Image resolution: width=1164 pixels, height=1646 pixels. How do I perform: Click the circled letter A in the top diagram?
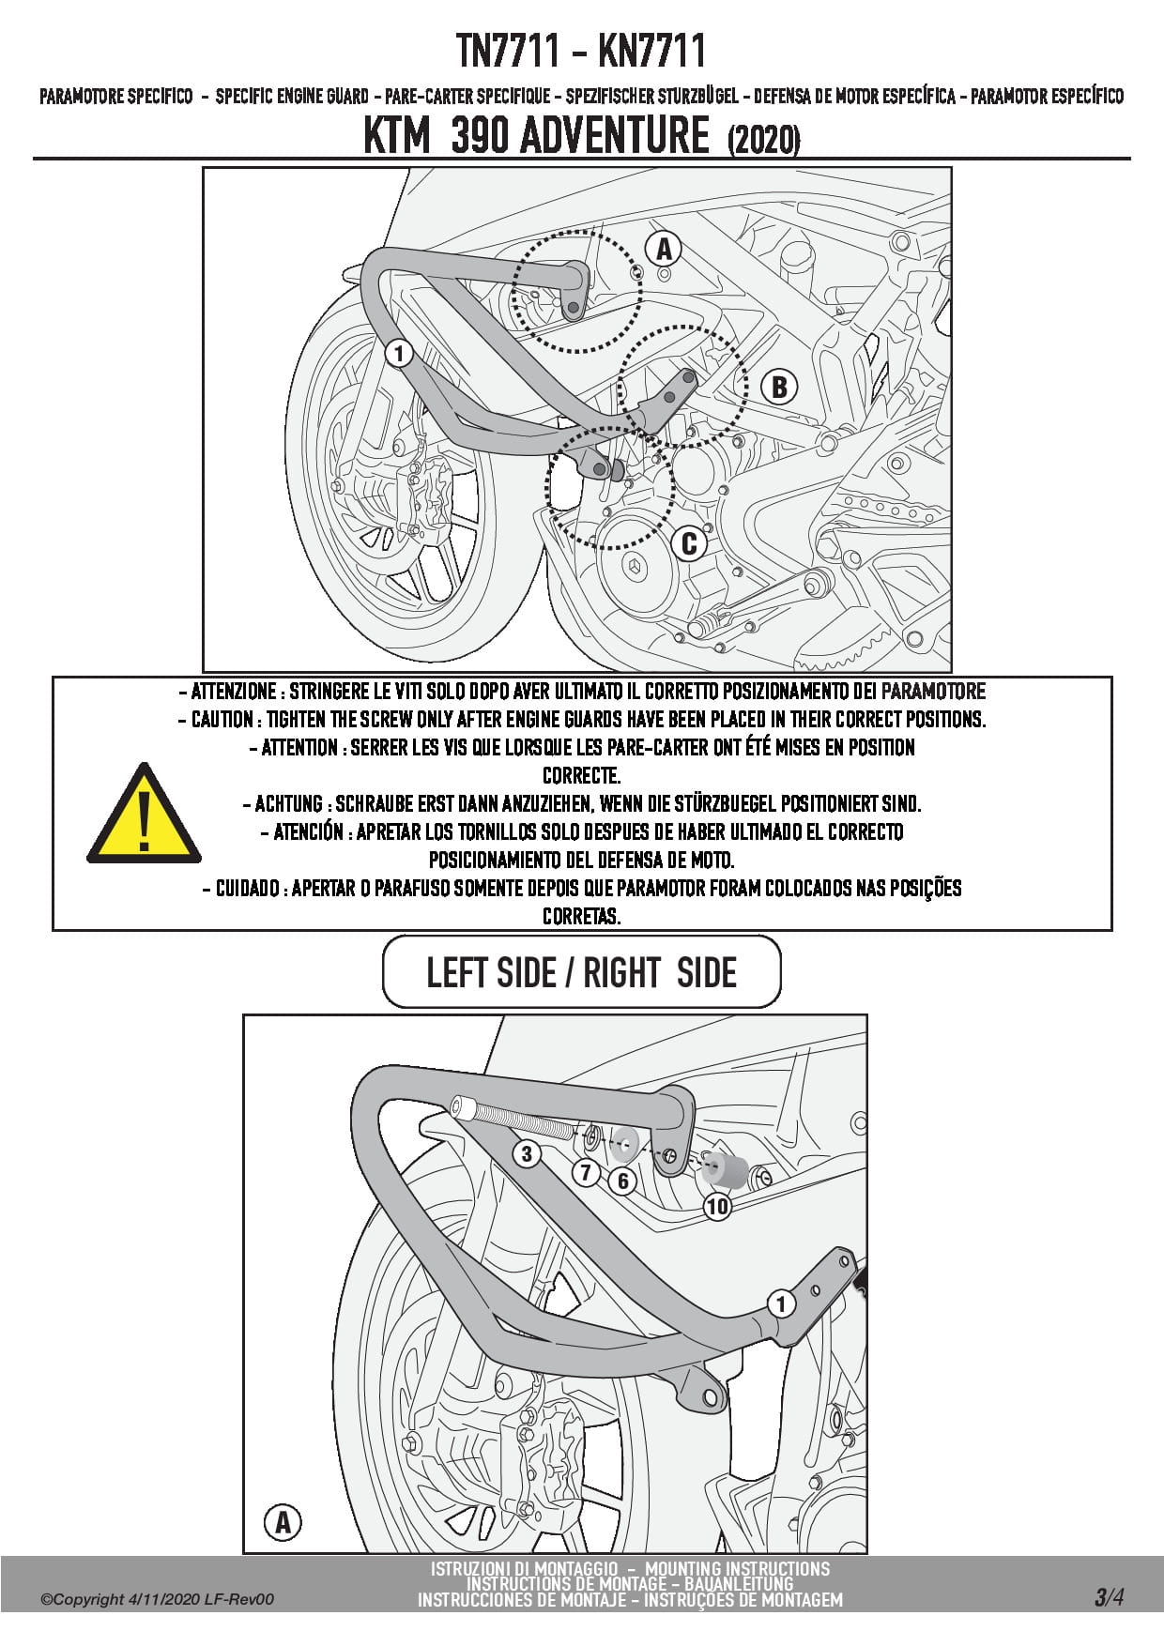click(x=664, y=249)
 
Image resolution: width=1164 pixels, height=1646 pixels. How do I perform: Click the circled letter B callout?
click(x=779, y=387)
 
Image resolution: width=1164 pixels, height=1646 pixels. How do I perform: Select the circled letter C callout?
click(x=689, y=543)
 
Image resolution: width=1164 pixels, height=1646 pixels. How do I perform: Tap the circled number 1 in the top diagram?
click(x=399, y=354)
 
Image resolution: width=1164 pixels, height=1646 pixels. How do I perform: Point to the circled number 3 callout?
click(x=527, y=1153)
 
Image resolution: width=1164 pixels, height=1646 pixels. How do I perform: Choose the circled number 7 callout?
click(x=587, y=1171)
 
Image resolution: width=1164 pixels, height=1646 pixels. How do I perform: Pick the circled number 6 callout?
click(x=622, y=1181)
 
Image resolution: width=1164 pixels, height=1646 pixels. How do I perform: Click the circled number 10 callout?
click(x=717, y=1206)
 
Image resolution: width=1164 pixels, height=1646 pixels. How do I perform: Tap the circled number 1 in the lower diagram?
click(x=780, y=1303)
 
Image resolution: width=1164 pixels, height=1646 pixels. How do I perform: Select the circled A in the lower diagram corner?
click(x=283, y=1522)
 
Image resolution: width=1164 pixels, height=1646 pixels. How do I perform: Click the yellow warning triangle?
click(x=144, y=814)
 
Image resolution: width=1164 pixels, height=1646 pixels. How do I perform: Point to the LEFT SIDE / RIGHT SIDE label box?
click(x=582, y=972)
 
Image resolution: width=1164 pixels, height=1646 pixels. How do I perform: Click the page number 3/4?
click(x=1109, y=1597)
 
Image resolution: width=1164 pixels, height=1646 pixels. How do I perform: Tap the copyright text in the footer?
click(x=157, y=1599)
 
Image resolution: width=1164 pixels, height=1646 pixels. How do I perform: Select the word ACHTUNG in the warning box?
click(x=289, y=804)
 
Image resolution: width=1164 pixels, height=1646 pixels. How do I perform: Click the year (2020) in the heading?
click(x=763, y=140)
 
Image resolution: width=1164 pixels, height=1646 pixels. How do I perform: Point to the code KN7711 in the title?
click(x=651, y=51)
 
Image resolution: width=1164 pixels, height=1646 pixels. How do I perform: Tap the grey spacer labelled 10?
click(x=725, y=1170)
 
